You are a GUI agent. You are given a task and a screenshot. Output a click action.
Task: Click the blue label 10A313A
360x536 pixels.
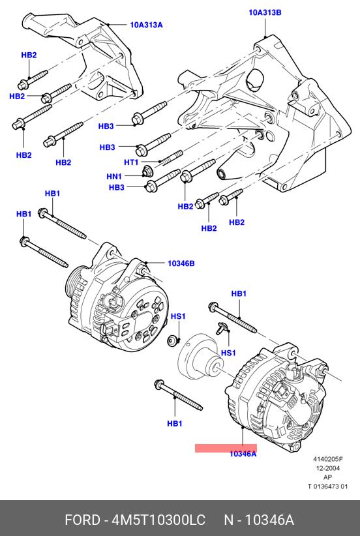146,25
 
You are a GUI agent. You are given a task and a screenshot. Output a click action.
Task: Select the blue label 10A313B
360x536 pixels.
265,13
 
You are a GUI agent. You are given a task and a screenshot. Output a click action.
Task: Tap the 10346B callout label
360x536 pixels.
181,263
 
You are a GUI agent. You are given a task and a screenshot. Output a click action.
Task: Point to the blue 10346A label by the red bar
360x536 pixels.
243,454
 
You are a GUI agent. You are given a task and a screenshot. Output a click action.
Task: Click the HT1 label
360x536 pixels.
131,162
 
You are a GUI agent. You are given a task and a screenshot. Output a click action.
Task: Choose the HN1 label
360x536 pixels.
114,177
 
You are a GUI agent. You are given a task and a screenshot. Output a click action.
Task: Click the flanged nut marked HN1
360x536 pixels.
147,171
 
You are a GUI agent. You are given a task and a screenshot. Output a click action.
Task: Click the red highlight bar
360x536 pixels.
226,448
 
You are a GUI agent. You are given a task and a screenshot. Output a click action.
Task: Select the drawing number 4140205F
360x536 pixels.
328,460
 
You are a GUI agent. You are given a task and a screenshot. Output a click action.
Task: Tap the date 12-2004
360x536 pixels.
327,468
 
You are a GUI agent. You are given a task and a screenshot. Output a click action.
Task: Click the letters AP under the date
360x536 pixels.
327,477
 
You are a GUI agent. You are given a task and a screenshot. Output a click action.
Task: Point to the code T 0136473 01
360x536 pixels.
327,486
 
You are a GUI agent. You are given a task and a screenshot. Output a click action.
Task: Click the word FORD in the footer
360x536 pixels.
82,520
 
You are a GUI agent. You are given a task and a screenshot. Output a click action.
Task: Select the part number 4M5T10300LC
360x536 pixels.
158,520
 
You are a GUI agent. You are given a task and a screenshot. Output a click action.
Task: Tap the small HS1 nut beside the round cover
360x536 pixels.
172,341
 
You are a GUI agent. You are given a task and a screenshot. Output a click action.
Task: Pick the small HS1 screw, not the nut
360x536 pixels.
221,329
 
